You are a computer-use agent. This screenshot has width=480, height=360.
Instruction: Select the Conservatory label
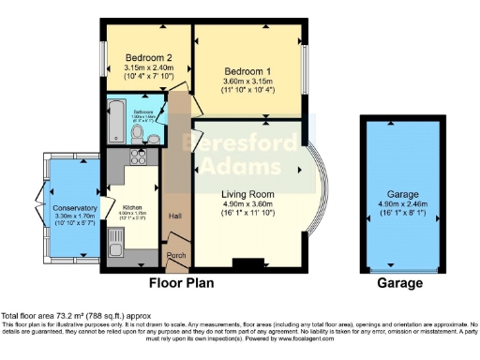coord(73,207)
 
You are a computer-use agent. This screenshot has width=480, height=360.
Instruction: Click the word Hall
coord(174,215)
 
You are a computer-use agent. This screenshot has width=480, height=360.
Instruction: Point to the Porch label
coord(175,255)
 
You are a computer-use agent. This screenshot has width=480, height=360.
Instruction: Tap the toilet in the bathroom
coord(138,138)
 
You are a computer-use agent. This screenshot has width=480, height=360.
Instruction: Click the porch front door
coord(175,267)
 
